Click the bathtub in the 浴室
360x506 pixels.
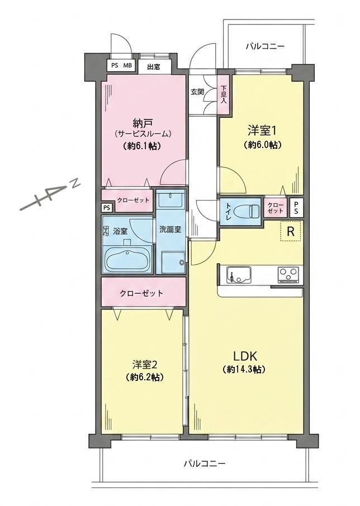tap(129, 260)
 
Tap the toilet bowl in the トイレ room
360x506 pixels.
tap(246, 211)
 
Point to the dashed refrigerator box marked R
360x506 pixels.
tap(291, 231)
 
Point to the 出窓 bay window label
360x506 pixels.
tap(154, 67)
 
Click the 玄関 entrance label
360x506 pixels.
tap(197, 92)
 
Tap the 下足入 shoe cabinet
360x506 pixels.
tap(224, 94)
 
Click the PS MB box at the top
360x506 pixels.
tap(121, 65)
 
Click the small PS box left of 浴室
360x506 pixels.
tap(107, 208)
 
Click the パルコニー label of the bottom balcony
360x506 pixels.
tap(205, 464)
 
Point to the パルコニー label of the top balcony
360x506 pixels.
tap(265, 46)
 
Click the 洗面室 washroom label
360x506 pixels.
tap(170, 230)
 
